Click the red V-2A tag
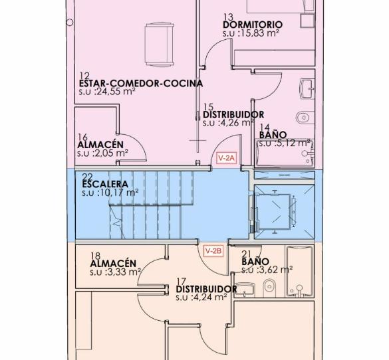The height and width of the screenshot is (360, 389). (227, 158)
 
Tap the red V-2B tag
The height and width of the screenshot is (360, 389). (213, 251)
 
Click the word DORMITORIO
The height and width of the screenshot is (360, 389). (253, 25)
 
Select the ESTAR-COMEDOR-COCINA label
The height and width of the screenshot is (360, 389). (141, 84)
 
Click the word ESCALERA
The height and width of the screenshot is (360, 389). (105, 185)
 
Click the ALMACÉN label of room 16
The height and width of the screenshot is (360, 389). (100, 145)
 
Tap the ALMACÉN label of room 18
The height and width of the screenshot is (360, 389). (113, 264)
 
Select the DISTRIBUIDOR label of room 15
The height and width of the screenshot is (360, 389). (233, 115)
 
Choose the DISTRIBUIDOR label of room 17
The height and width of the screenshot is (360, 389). (206, 289)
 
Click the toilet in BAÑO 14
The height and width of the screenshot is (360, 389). (305, 117)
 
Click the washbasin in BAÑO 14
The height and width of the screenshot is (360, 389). (307, 89)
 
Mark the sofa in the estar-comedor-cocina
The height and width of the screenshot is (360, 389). (159, 45)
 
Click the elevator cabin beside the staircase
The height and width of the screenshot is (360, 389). (273, 212)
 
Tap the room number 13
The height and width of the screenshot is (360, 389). (228, 17)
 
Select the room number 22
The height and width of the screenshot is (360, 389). (87, 177)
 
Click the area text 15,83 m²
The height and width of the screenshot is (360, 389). (258, 33)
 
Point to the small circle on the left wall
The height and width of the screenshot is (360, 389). (70, 23)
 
